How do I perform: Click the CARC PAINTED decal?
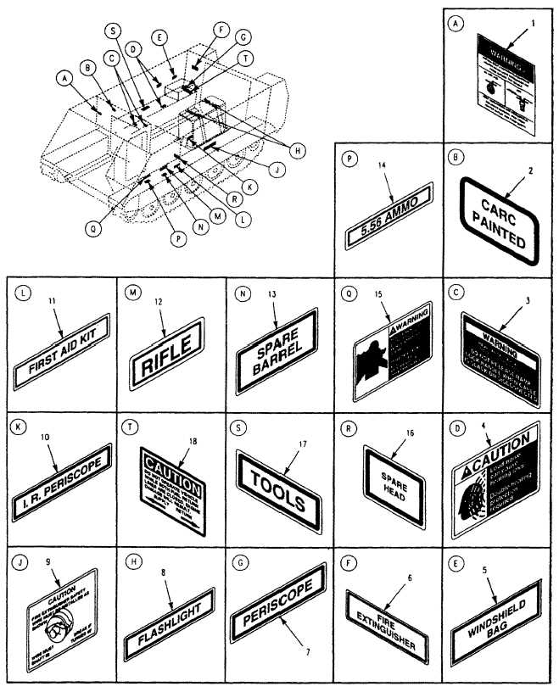498,220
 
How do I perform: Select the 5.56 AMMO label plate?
390,218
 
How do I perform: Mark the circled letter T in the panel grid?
128,428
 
